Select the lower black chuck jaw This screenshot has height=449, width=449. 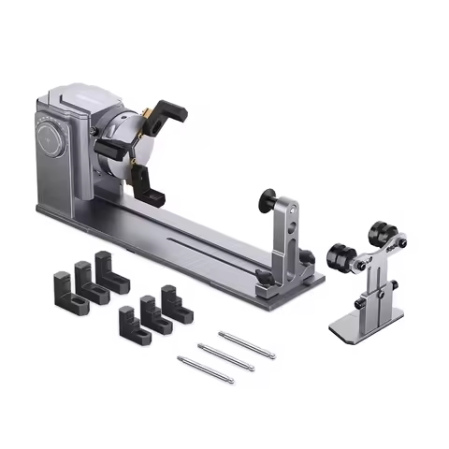point(151,192)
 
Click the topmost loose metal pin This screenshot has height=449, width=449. point(246,343)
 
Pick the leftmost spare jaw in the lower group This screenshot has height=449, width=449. point(128,324)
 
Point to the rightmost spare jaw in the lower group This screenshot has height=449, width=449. point(172,301)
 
